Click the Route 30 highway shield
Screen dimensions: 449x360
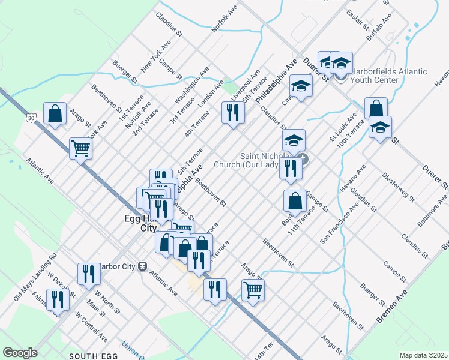pyautogui.click(x=31, y=118)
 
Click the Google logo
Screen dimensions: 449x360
pyautogui.click(x=20, y=353)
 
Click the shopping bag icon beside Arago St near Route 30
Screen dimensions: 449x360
pyautogui.click(x=55, y=113)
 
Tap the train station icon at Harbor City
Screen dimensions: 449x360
pyautogui.click(x=143, y=266)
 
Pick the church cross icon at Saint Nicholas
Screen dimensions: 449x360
pyautogui.click(x=303, y=159)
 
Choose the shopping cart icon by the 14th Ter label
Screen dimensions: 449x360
pyautogui.click(x=253, y=290)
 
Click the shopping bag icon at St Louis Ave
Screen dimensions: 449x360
pyautogui.click(x=376, y=109)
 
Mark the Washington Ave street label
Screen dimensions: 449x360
pyautogui.click(x=192, y=85)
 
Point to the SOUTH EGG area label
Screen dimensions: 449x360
pyautogui.click(x=92, y=356)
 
